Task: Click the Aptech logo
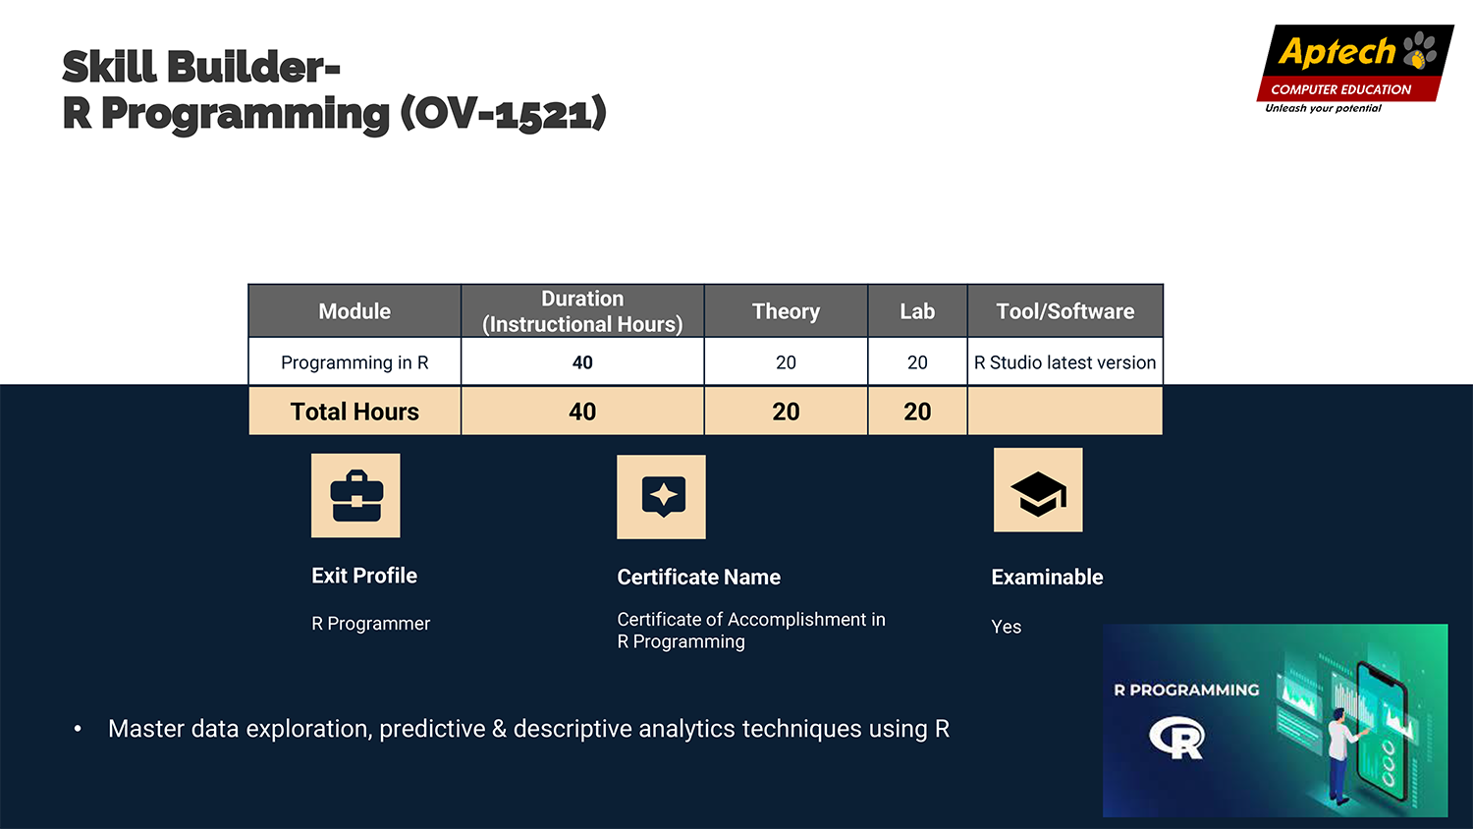pos(1354,69)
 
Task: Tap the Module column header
pos(355,311)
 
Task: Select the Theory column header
pos(786,311)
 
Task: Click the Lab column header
pos(917,311)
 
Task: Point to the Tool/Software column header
pos(1065,311)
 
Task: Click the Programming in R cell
pos(355,361)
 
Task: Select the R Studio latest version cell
pos(1065,361)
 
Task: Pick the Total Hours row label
pos(355,412)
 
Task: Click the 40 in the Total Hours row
pos(582,412)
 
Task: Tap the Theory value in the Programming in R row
pos(786,361)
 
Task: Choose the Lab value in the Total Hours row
pos(917,412)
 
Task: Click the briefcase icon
pos(356,496)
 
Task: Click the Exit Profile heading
pos(364,576)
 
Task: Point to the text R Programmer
pos(371,623)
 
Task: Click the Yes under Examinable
pos(1007,627)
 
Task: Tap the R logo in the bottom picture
pos(1177,738)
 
